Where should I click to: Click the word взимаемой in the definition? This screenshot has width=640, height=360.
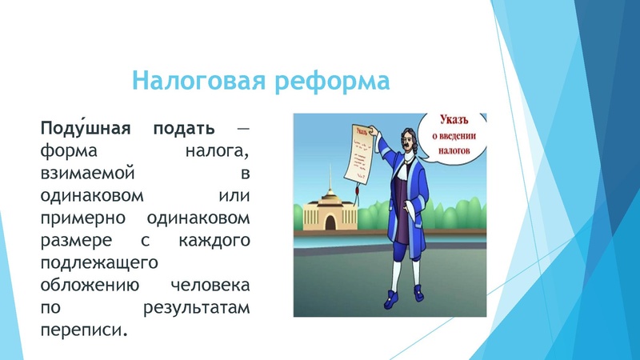[78, 173]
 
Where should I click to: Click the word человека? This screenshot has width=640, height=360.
[210, 284]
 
